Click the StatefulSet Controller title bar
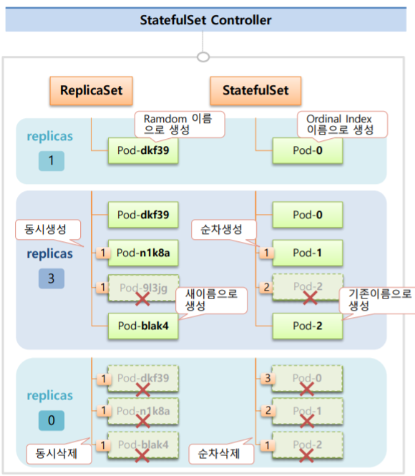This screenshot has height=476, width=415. [x=206, y=19]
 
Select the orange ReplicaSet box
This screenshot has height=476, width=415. [x=91, y=91]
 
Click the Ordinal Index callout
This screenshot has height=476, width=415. [x=341, y=122]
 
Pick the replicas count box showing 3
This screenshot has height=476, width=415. [x=51, y=278]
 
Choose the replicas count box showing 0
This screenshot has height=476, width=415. [x=51, y=420]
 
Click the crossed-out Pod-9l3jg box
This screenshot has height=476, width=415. [x=143, y=288]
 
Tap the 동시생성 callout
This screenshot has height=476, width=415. [x=47, y=230]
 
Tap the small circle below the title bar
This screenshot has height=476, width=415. [x=204, y=56]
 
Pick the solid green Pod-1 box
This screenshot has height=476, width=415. [x=308, y=253]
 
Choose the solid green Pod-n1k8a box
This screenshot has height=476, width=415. [x=143, y=253]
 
